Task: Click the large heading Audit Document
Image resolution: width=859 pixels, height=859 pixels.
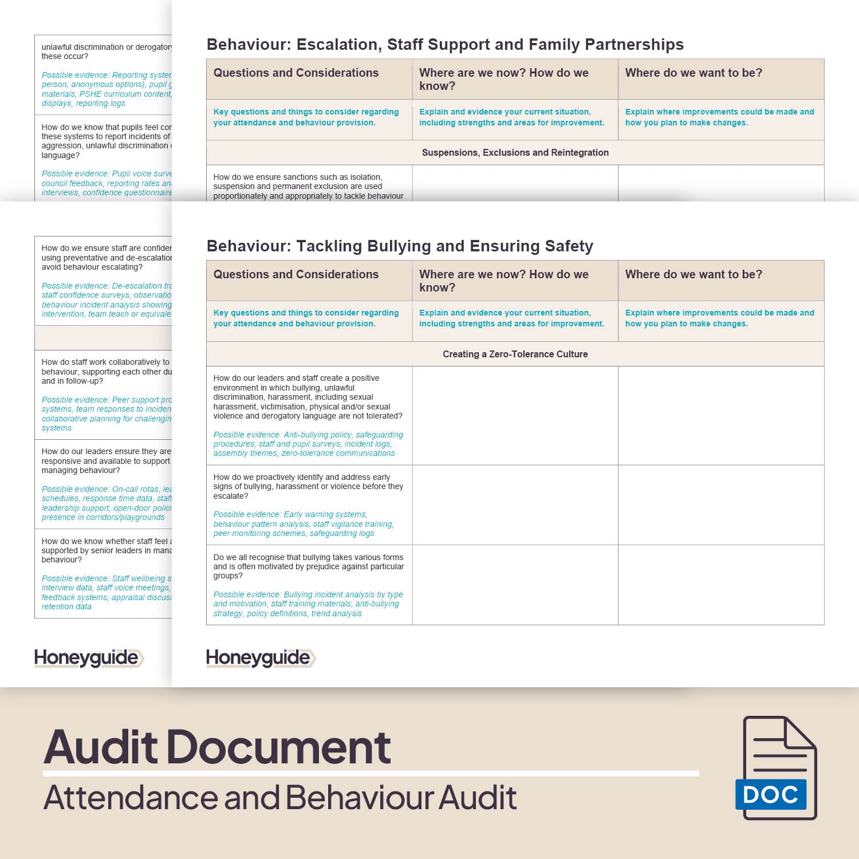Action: coord(217,747)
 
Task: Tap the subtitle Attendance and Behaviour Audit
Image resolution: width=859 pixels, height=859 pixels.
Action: coord(280,797)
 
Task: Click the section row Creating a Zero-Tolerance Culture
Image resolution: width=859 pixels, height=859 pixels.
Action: coord(515,354)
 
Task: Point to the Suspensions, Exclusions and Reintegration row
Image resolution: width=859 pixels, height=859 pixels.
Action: coord(515,152)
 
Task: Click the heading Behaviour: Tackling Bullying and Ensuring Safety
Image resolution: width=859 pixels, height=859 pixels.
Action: coord(400,246)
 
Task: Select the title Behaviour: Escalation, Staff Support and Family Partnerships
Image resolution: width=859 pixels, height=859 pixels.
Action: coord(445,45)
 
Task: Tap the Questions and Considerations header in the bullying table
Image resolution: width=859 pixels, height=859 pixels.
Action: coord(296,274)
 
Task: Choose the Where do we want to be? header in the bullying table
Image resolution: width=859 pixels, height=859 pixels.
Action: coord(693,274)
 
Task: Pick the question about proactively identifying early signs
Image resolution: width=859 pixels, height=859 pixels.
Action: coord(308,486)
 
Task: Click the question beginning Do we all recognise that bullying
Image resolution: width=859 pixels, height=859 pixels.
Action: coord(308,566)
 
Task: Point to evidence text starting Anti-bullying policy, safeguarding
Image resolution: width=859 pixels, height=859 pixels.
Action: coord(308,444)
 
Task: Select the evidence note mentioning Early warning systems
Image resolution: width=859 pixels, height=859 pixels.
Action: coord(304,524)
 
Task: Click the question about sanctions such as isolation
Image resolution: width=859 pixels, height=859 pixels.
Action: coord(308,187)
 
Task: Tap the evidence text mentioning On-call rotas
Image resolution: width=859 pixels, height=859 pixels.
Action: coord(106,503)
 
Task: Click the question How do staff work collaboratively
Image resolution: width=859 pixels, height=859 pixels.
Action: coord(106,372)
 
